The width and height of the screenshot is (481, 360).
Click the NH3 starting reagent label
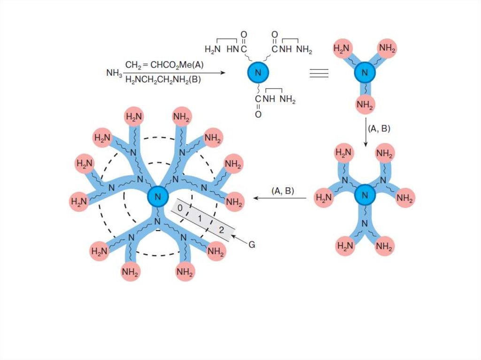pyautogui.click(x=114, y=73)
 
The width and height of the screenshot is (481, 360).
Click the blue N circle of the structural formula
pyautogui.click(x=258, y=72)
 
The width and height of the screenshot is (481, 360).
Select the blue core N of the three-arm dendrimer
pyautogui.click(x=364, y=73)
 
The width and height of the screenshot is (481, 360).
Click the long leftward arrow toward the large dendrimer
pyautogui.click(x=280, y=198)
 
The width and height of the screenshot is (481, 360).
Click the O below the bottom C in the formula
pyautogui.click(x=258, y=114)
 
